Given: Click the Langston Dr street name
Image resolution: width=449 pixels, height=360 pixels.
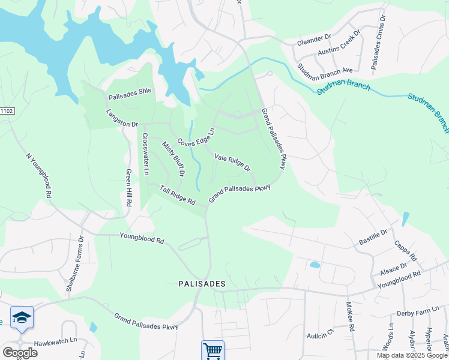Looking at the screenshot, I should pyautogui.click(x=122, y=118).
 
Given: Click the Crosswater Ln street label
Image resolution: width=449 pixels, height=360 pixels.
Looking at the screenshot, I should pyautogui.click(x=145, y=153).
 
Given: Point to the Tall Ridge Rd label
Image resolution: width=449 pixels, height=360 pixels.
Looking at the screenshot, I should pyautogui.click(x=178, y=194).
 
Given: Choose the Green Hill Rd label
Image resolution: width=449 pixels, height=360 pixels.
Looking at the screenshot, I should pyautogui.click(x=128, y=188).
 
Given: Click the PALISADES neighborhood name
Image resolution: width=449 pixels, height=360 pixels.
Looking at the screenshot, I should pyautogui.click(x=201, y=283).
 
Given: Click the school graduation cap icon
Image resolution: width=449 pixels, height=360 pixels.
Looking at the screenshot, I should pyautogui.click(x=22, y=317).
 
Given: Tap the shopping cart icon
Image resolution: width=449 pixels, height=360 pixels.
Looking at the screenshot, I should pyautogui.click(x=212, y=350).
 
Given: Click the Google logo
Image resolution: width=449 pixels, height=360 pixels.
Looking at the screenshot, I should pyautogui.click(x=19, y=353).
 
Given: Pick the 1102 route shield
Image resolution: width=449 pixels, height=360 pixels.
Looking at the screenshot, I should pyautogui.click(x=6, y=111).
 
